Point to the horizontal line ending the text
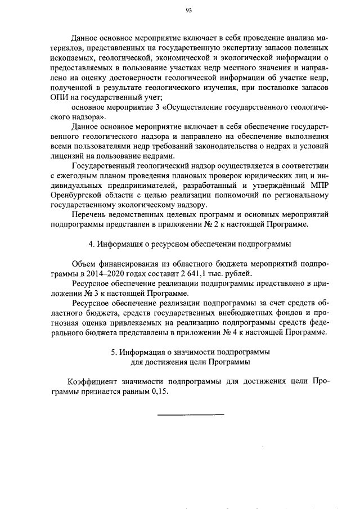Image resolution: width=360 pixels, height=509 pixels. [x=190, y=415]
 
